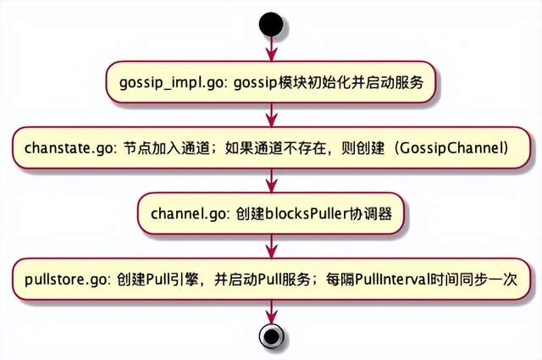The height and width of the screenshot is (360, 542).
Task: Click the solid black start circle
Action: pos(270,24)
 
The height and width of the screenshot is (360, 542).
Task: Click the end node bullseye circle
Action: pos(270,336)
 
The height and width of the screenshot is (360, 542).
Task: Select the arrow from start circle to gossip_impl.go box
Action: pos(270,51)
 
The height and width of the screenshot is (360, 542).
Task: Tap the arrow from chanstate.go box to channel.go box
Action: pos(270,180)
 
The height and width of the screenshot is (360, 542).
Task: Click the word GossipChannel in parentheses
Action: pos(445,148)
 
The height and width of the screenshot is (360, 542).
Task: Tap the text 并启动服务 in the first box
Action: pos(394,83)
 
